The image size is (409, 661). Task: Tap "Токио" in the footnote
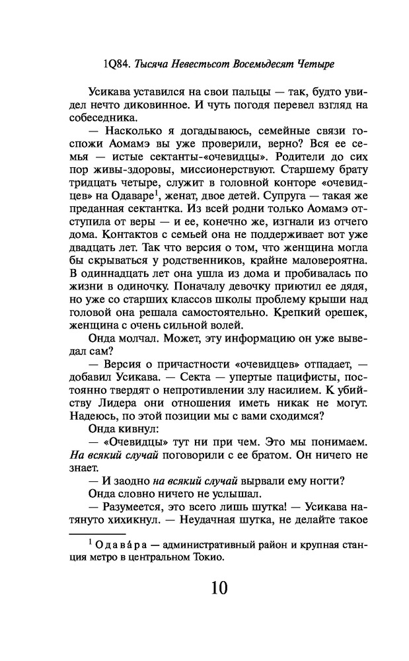coord(200,557)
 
